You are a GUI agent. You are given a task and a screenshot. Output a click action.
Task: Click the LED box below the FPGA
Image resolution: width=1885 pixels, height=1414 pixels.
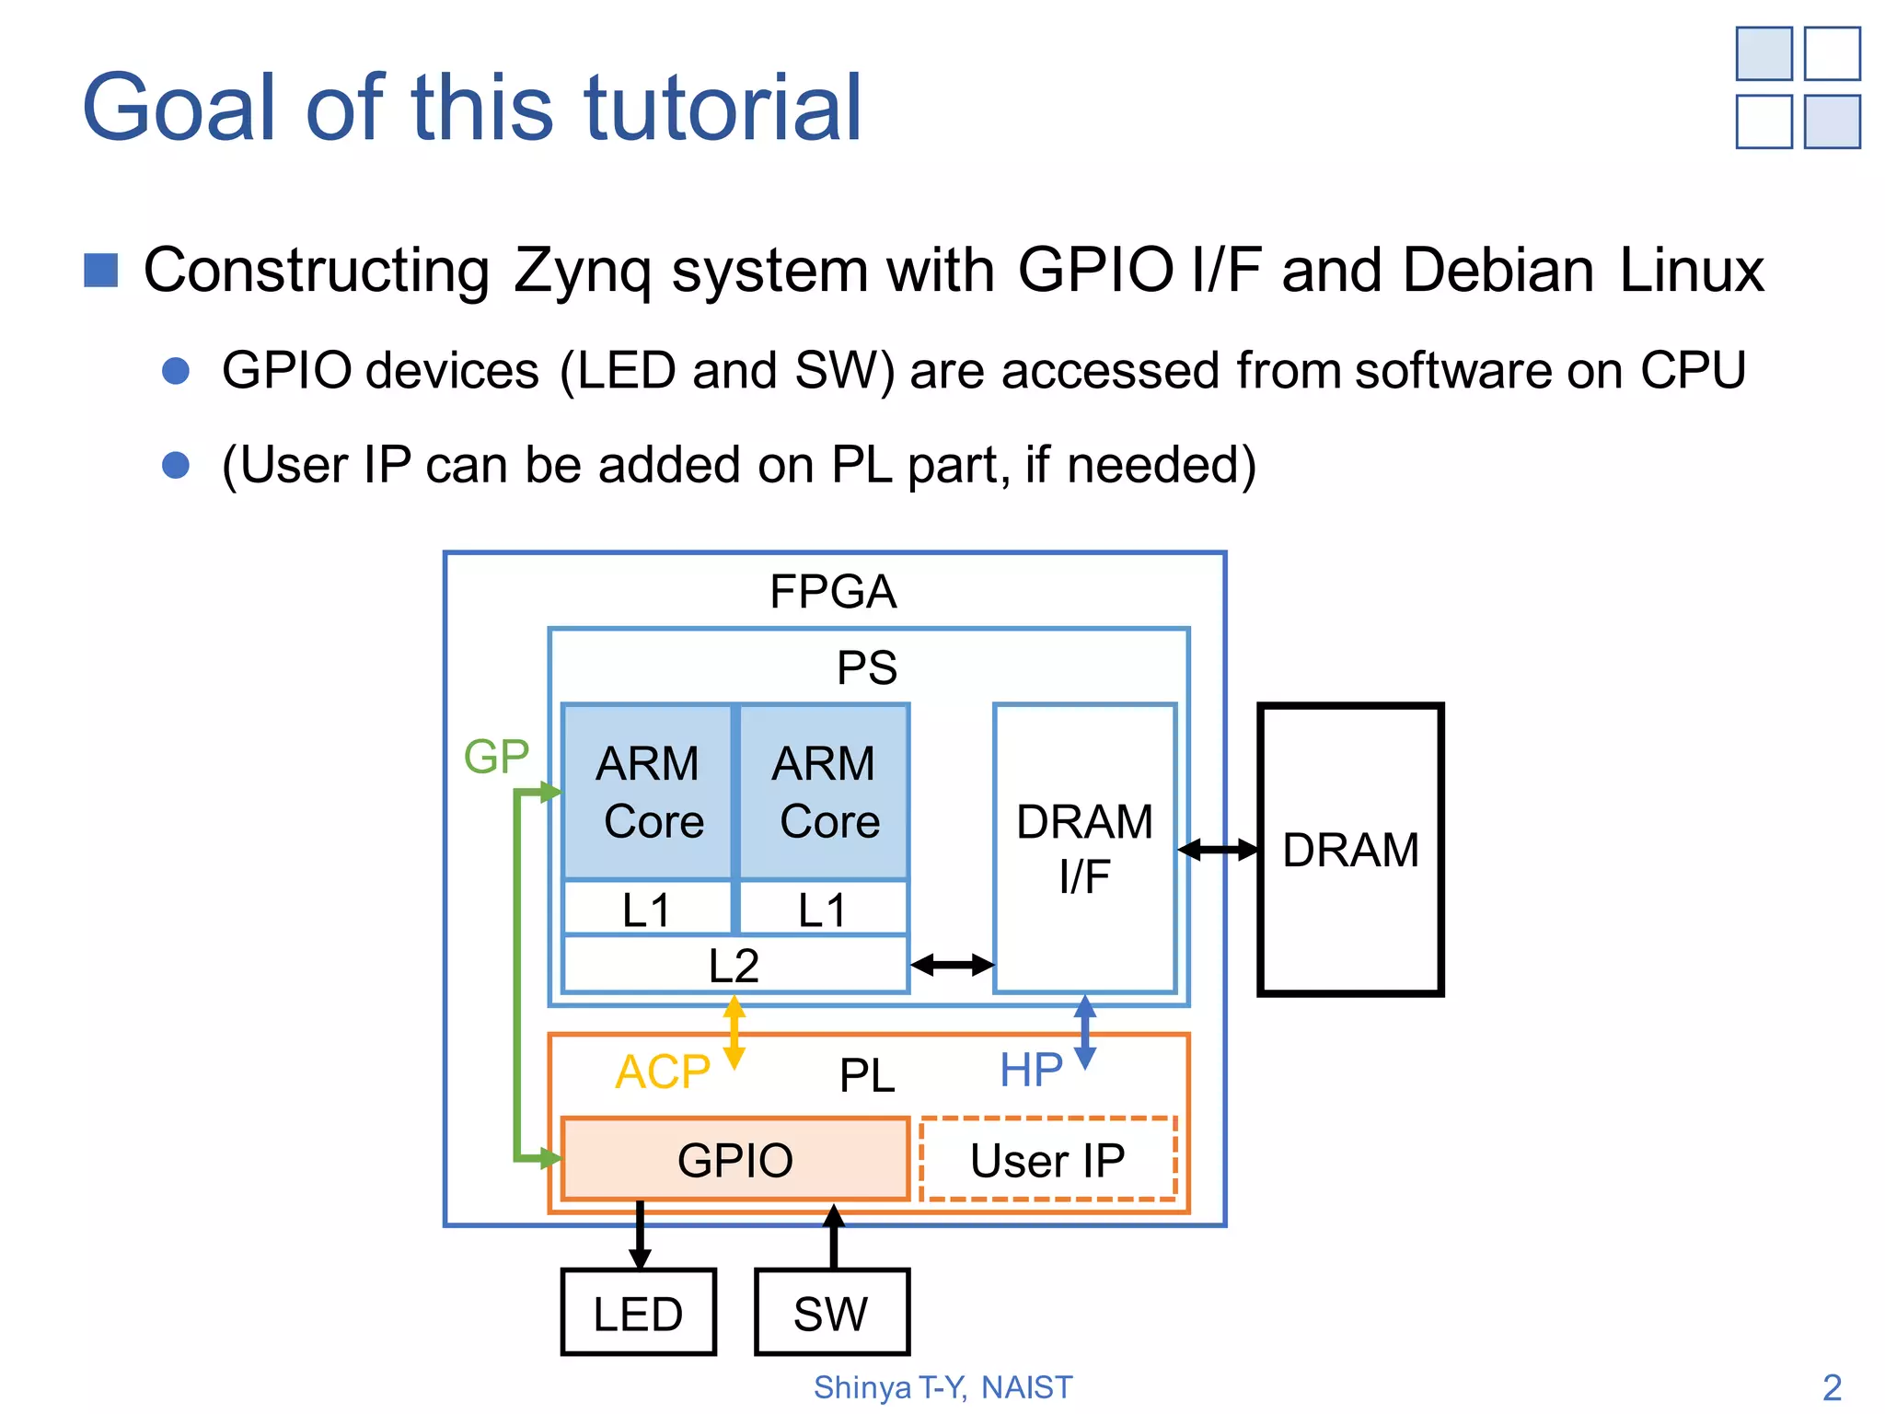point(638,1312)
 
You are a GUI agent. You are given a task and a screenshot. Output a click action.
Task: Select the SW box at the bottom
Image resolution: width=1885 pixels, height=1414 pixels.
point(832,1312)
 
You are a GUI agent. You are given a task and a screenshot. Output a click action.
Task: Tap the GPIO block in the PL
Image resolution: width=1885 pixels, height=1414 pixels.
point(735,1159)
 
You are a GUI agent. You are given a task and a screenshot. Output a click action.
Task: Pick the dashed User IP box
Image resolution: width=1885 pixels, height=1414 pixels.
point(1048,1159)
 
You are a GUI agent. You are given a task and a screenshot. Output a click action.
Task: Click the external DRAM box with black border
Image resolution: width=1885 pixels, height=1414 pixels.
point(1350,849)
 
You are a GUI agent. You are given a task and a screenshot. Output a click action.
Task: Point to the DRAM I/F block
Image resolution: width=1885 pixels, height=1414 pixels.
point(1085,848)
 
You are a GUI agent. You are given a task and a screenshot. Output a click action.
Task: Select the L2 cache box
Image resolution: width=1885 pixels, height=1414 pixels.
point(735,965)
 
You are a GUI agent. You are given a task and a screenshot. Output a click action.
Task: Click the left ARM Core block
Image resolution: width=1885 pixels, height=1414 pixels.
point(648,792)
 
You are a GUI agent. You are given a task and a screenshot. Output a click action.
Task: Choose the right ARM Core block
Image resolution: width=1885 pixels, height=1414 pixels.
point(825,792)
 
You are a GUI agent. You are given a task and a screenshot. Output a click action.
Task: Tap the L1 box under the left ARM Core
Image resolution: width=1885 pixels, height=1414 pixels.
point(648,909)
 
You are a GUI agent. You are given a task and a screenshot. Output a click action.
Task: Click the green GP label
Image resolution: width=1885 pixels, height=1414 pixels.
point(496,757)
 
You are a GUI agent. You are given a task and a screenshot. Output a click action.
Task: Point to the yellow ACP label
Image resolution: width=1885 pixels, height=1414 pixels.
point(663,1072)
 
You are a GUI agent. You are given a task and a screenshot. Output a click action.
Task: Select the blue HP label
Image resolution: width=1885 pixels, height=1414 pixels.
point(1031,1070)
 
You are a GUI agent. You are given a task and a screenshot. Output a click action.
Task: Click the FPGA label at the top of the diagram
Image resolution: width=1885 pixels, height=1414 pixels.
point(833,591)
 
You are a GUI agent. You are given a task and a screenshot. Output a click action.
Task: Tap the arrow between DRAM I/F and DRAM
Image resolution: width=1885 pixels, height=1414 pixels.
point(1218,850)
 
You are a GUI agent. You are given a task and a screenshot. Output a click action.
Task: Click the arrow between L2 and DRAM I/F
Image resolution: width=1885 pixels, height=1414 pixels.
point(952,965)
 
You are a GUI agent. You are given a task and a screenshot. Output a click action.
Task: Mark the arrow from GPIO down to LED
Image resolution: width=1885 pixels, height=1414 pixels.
point(640,1234)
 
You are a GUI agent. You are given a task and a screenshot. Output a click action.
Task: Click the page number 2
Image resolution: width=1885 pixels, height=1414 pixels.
point(1832,1387)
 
